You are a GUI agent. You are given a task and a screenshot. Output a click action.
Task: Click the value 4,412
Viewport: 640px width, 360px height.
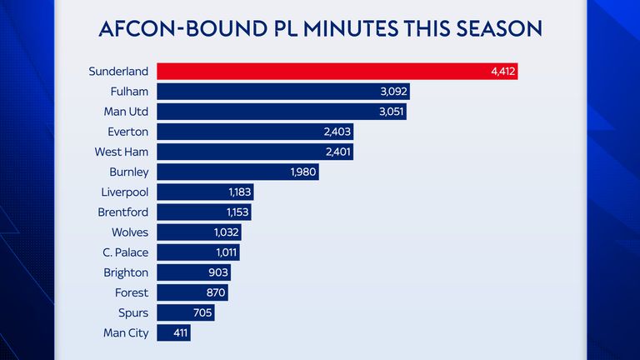[503, 72]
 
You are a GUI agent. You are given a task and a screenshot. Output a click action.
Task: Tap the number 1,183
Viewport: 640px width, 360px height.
[238, 192]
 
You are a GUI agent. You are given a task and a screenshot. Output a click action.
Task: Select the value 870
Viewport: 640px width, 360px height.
[214, 292]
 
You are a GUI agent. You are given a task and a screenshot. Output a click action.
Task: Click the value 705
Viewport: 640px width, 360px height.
[202, 312]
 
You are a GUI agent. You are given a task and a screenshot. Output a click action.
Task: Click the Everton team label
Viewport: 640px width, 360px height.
[127, 132]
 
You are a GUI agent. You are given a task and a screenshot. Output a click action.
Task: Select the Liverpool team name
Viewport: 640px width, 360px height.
[124, 192]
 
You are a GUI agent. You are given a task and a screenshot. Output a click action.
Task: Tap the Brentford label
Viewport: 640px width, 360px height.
[122, 212]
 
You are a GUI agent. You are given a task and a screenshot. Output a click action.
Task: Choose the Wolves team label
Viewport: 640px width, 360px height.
[129, 232]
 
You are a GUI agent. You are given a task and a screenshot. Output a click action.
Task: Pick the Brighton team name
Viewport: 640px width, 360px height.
[127, 272]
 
